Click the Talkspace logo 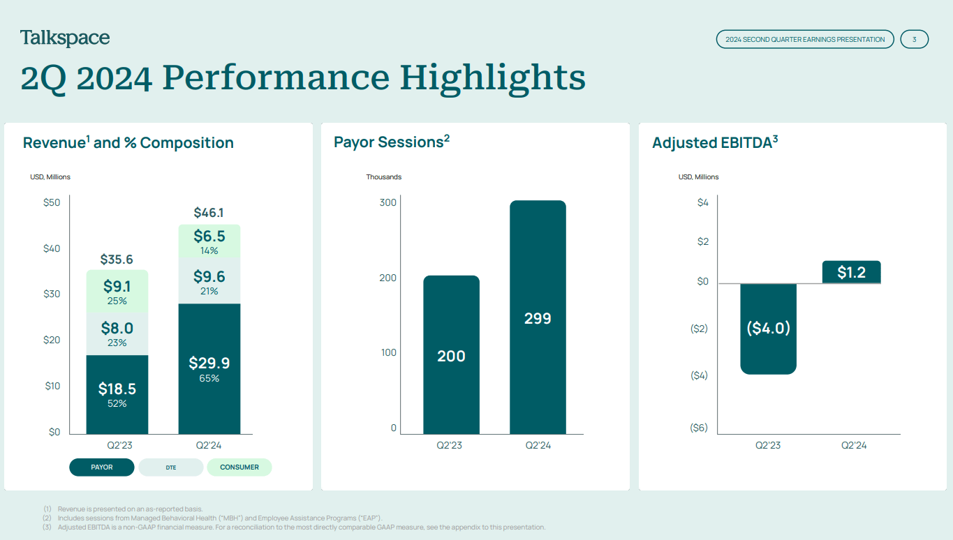(x=65, y=38)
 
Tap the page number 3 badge (x=914, y=39)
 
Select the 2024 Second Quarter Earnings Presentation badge (x=804, y=39)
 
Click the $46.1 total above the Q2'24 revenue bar (x=209, y=213)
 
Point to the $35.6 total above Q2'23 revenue (x=117, y=260)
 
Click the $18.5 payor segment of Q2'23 (x=117, y=394)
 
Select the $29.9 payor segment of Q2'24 (x=209, y=368)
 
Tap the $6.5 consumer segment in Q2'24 (x=209, y=241)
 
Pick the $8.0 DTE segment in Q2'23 (x=117, y=333)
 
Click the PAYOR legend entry (x=102, y=467)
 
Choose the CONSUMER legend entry (x=239, y=467)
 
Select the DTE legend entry (x=171, y=467)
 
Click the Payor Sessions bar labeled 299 (x=538, y=318)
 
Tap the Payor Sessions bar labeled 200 (x=451, y=356)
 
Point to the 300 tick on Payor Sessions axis (x=387, y=202)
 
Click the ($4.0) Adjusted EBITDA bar (x=768, y=328)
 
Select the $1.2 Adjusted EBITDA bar (x=851, y=272)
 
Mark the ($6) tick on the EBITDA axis (x=698, y=428)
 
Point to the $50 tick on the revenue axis (x=52, y=202)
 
